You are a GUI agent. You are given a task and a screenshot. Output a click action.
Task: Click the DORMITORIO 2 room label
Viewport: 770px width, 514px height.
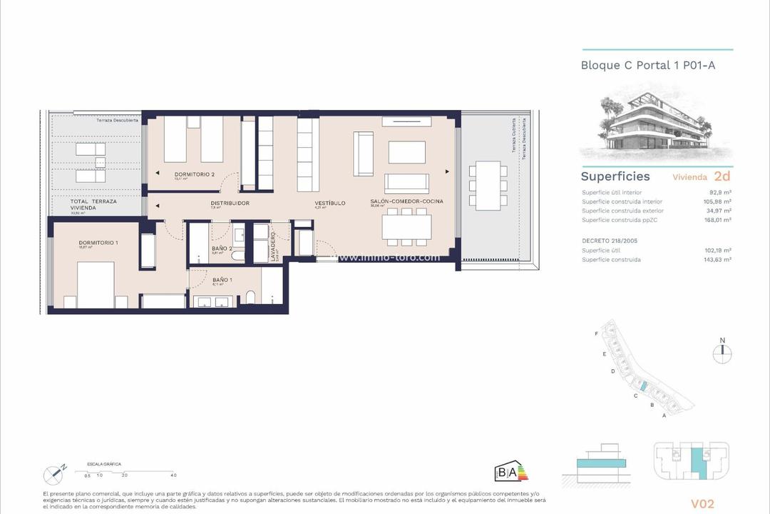[195, 174]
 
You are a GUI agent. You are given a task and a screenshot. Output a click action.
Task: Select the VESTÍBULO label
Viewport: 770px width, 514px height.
[330, 203]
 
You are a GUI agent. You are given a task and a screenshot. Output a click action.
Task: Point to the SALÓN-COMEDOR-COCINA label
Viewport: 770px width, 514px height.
[406, 201]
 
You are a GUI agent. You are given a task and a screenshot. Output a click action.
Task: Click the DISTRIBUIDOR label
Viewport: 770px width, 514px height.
[230, 203]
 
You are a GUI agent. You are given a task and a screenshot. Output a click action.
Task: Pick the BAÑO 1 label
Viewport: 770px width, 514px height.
[222, 279]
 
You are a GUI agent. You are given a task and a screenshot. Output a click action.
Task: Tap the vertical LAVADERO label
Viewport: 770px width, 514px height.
[273, 246]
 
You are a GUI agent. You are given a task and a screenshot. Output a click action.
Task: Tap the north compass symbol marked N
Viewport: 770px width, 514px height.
[722, 350]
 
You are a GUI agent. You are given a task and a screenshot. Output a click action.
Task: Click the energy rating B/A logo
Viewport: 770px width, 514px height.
[510, 471]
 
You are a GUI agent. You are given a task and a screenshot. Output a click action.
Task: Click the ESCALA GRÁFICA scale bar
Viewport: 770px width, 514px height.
[128, 470]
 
